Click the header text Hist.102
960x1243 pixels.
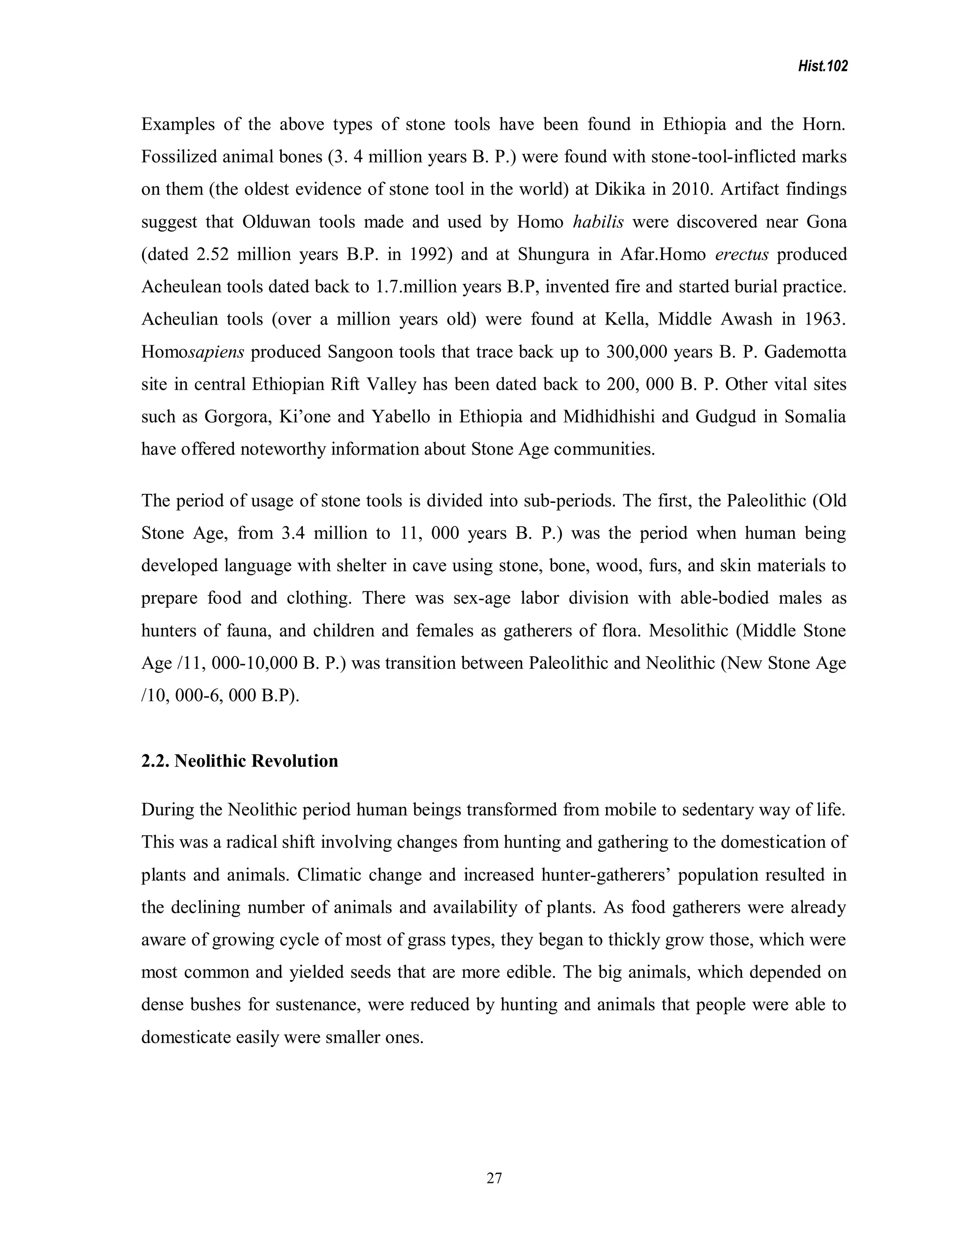click(x=822, y=67)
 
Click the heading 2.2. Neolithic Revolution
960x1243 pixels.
click(x=240, y=761)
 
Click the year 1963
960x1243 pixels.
click(x=825, y=318)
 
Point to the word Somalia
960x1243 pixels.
click(x=815, y=417)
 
